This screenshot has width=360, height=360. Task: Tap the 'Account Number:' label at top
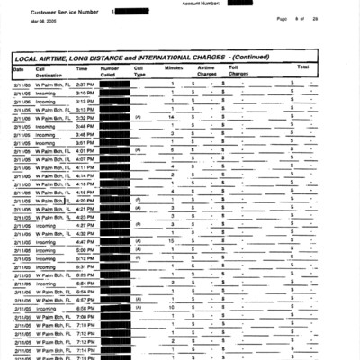202,3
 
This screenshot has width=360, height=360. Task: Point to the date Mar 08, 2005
42,20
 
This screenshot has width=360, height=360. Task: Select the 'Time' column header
82,67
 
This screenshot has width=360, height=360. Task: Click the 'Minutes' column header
175,67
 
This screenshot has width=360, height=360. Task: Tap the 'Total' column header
302,67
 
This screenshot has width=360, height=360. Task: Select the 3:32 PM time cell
85,117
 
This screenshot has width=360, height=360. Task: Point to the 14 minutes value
171,117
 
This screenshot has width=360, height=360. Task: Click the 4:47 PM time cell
85,241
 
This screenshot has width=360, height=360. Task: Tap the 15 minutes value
171,241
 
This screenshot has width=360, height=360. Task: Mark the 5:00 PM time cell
85,250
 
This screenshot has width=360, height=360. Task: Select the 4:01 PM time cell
85,150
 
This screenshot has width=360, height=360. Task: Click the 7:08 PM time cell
85,317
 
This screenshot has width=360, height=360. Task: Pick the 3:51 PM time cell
85,142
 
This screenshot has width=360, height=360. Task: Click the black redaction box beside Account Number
240,3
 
